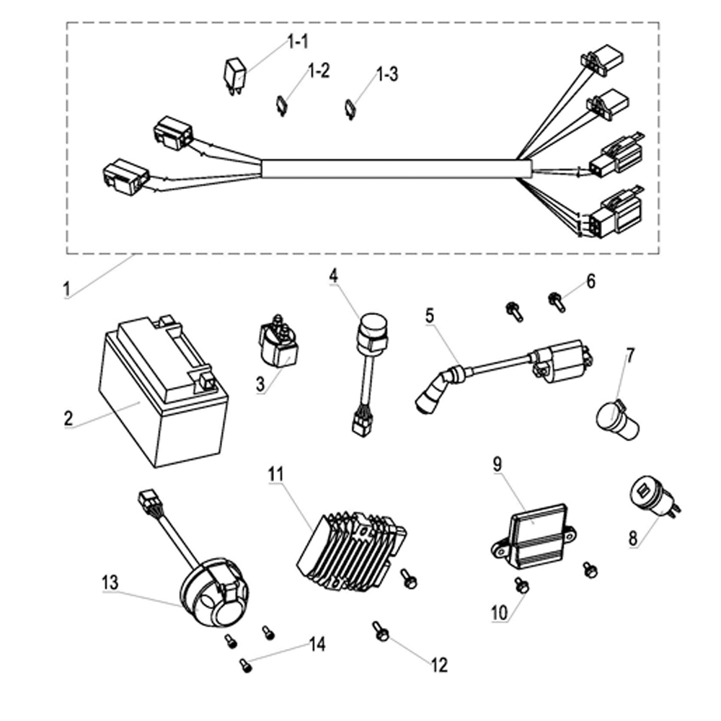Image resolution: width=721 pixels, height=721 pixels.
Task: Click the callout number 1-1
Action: point(298,42)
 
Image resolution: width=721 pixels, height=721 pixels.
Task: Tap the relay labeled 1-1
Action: point(235,76)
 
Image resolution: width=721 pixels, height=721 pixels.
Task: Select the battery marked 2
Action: point(163,392)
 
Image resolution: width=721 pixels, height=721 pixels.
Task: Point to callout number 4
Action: point(333,276)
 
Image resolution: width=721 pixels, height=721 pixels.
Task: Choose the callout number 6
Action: point(591,281)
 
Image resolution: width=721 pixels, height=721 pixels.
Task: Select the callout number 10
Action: point(500,612)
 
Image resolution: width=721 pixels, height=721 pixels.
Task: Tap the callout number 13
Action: point(110,583)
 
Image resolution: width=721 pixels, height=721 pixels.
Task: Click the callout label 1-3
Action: point(387,74)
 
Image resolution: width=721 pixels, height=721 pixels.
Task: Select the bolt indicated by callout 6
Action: point(557,302)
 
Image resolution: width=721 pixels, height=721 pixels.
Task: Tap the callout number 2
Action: point(68,418)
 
